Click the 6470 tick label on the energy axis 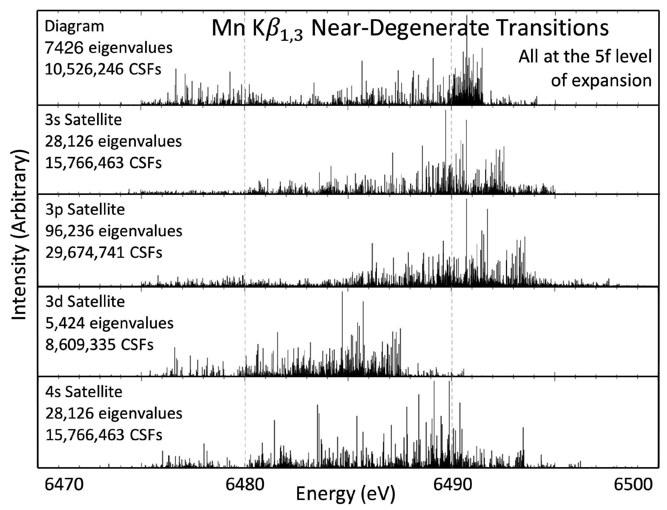[64, 485]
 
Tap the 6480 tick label [245, 485]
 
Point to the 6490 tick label [452, 485]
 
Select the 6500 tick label [633, 485]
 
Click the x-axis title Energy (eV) [345, 494]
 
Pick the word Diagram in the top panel [74, 26]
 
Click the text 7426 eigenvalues [109, 48]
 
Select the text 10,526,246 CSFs [103, 70]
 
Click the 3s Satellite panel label [83, 120]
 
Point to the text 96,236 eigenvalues [114, 231]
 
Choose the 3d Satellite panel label [85, 301]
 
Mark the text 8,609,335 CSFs [99, 345]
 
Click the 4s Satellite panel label [84, 392]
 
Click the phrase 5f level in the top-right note [619, 56]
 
